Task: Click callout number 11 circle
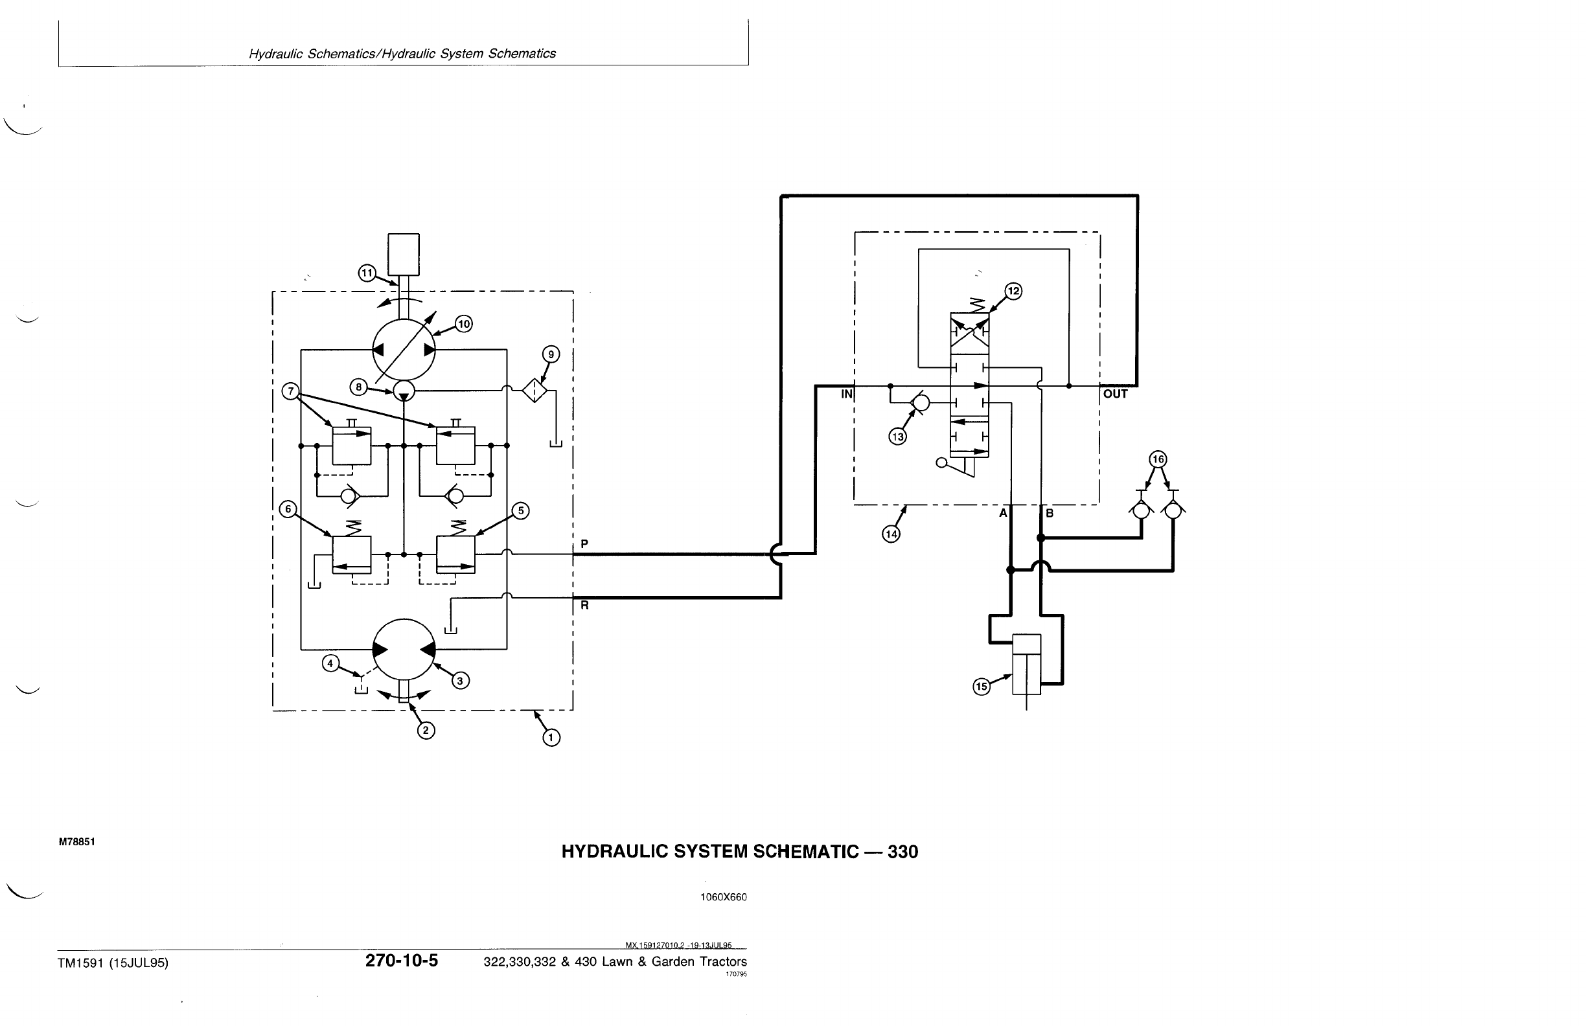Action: (367, 273)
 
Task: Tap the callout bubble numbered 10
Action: (463, 325)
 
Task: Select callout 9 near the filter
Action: (551, 354)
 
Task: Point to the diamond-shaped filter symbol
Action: (534, 391)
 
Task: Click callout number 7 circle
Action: (290, 391)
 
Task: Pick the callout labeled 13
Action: (897, 437)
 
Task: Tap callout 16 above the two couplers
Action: (1158, 459)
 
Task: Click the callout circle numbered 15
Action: (982, 687)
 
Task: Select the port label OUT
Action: (1116, 394)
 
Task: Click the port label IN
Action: (846, 394)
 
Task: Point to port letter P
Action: (584, 543)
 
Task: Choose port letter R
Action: (584, 606)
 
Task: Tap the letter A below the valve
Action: (1002, 513)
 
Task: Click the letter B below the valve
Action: (1050, 513)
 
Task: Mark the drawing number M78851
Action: (76, 841)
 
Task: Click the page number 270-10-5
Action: (401, 961)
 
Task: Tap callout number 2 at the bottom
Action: (426, 731)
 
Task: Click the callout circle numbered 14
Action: (891, 534)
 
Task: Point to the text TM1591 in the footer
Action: (84, 963)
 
